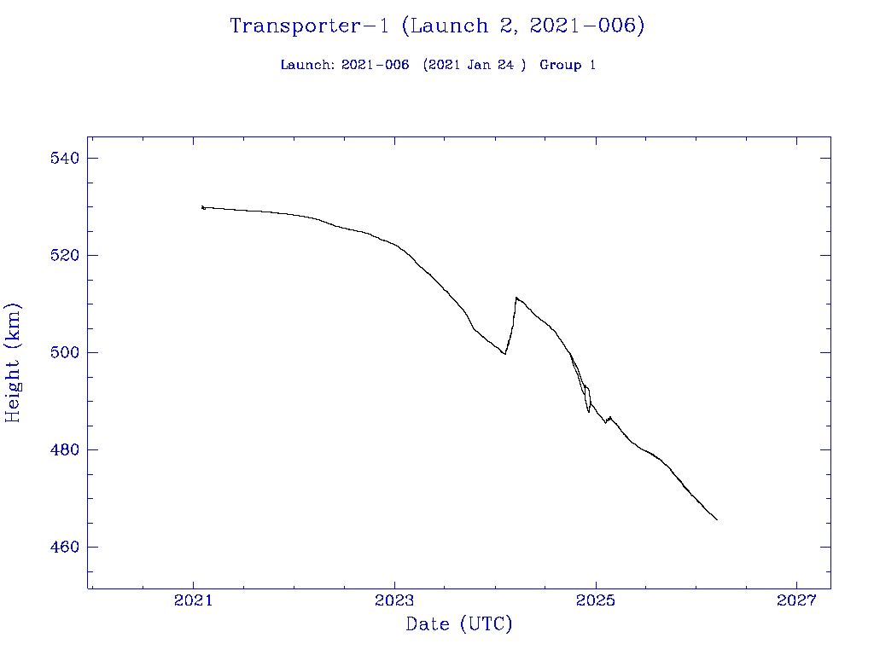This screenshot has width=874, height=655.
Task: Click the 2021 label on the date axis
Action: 193,602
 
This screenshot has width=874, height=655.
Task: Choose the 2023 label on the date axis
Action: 394,602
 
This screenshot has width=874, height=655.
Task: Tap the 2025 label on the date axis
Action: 596,602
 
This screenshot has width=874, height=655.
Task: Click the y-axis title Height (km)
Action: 13,362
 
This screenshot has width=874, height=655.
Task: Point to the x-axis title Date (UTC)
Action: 459,624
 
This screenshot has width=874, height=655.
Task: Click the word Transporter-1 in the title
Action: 310,26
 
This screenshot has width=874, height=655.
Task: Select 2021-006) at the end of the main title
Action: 587,26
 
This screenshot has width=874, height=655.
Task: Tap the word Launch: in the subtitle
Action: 308,65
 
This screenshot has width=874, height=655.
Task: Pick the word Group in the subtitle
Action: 560,65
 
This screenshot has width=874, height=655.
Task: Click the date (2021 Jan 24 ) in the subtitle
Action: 475,65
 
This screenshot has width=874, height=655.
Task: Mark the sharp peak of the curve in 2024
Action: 516,298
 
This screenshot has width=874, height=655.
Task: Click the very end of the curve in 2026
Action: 717,519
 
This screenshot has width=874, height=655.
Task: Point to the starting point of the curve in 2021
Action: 202,207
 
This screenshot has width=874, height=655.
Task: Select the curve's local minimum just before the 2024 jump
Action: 505,354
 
